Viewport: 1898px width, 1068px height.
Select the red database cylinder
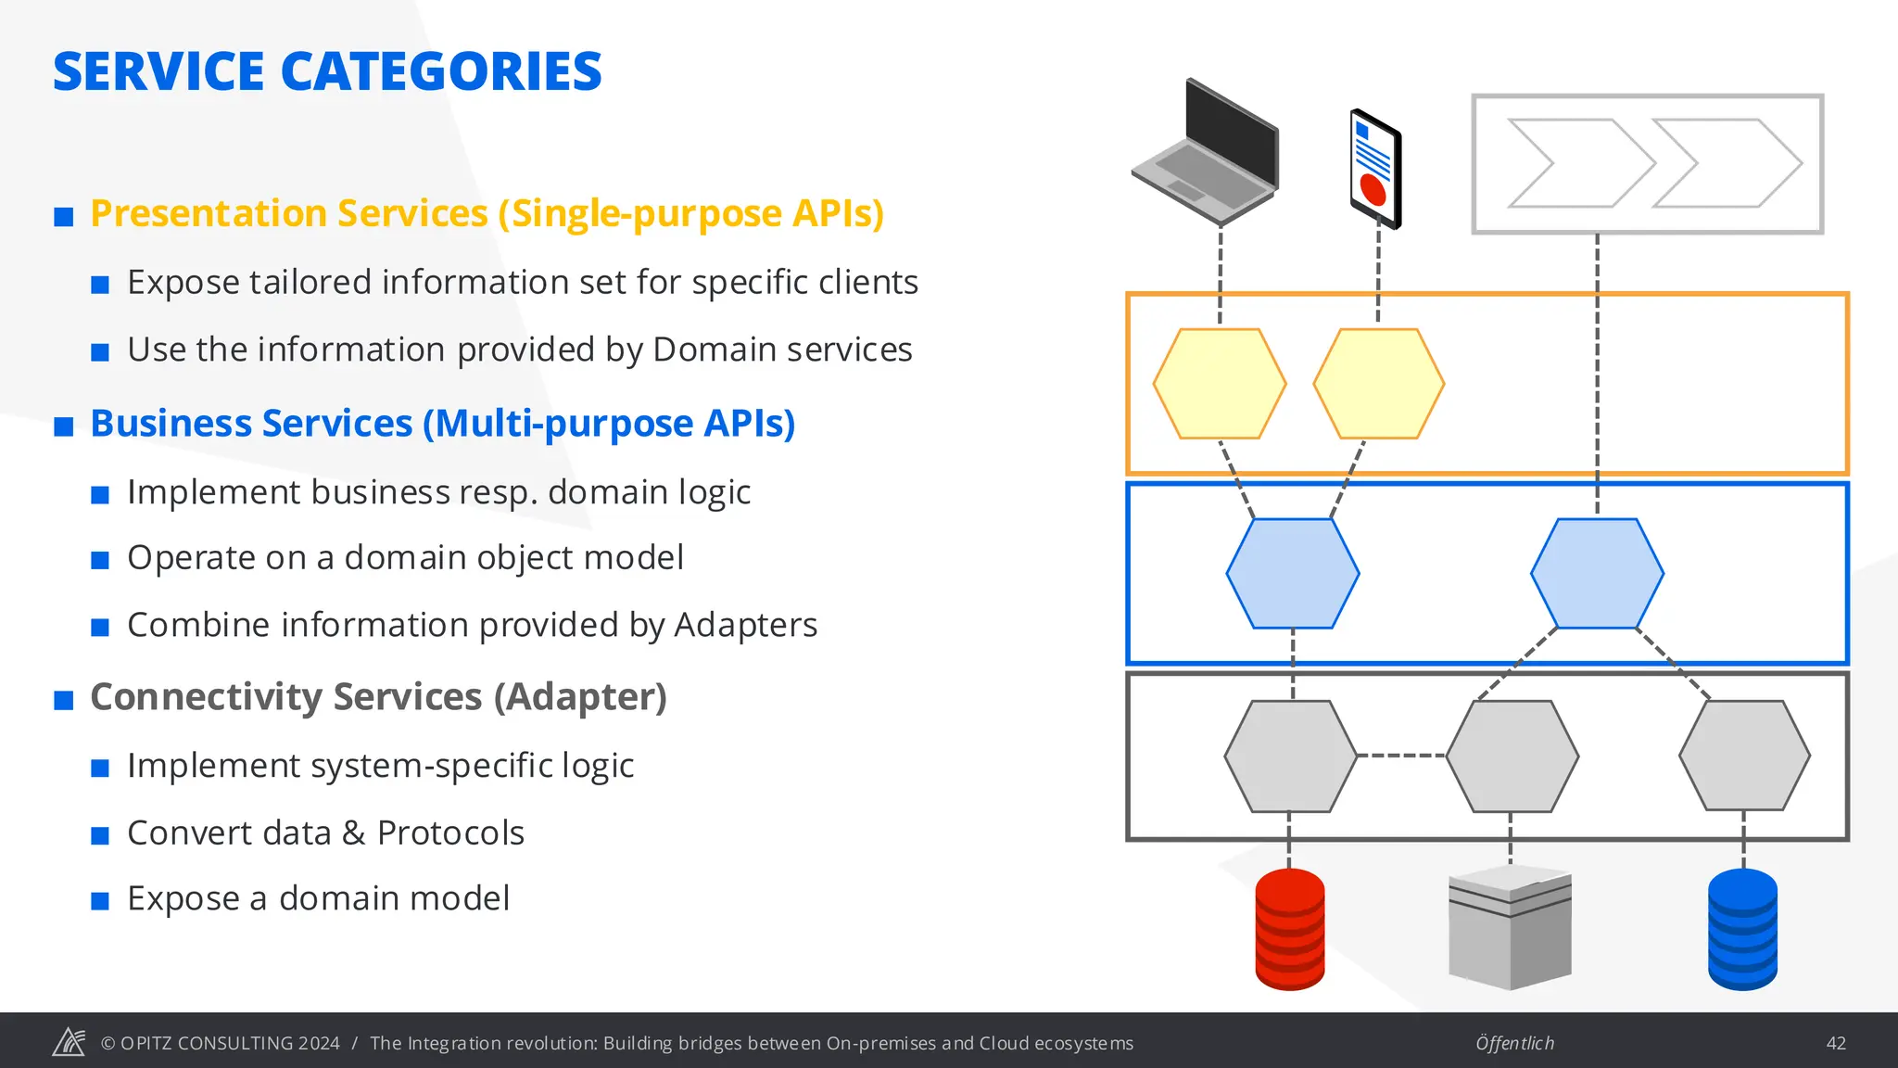coord(1289,929)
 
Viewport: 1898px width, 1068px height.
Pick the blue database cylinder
coord(1742,929)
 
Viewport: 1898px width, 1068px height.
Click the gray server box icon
coord(1510,929)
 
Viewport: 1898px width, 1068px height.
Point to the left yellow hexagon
coord(1220,384)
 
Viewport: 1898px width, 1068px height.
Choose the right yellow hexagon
coord(1379,384)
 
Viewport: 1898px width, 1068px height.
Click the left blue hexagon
coord(1293,574)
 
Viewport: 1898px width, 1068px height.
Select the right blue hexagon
coord(1597,574)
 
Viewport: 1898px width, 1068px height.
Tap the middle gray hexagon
coord(1512,756)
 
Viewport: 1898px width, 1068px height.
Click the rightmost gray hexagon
coord(1744,756)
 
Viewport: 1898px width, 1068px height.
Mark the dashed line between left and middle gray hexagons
coord(1401,756)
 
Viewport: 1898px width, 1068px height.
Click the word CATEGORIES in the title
coord(440,72)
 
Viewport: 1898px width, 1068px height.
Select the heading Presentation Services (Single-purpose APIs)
coord(487,213)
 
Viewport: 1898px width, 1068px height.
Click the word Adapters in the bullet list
coord(745,625)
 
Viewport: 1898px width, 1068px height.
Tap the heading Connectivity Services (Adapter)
coord(378,697)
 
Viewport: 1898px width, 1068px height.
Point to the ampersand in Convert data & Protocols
coord(353,833)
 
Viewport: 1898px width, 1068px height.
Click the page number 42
coord(1836,1043)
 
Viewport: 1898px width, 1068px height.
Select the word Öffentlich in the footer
coord(1514,1043)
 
